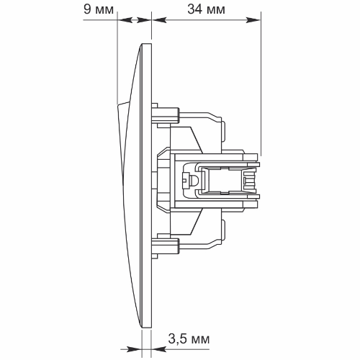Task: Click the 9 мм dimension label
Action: click(x=99, y=9)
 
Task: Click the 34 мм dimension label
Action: click(x=206, y=9)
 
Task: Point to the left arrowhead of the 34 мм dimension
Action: click(x=159, y=20)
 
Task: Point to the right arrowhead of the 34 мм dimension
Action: click(x=253, y=20)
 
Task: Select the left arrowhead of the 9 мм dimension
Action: click(x=125, y=20)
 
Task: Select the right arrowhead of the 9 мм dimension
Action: click(x=144, y=20)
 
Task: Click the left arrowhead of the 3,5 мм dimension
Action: click(x=134, y=349)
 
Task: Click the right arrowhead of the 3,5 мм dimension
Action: click(x=158, y=349)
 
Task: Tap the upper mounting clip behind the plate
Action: click(x=166, y=115)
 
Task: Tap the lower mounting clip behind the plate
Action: click(x=166, y=247)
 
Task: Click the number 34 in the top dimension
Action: click(x=195, y=9)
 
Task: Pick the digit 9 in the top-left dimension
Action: click(x=87, y=9)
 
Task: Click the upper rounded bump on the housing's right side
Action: click(x=223, y=132)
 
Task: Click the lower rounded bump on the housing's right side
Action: click(x=223, y=230)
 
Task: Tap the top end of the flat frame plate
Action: click(x=147, y=44)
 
